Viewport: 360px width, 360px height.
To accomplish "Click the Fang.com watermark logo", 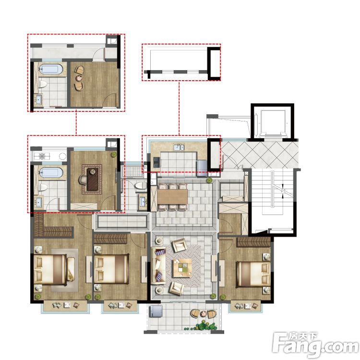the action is tap(316, 344).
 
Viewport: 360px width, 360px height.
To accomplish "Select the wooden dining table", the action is tap(172, 196).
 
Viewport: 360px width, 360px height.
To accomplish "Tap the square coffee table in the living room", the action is tap(182, 268).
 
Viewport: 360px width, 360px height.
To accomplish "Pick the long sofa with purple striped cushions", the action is tap(159, 265).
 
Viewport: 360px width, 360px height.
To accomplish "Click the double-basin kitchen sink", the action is tap(179, 147).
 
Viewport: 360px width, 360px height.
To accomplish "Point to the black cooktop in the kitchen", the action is tap(157, 162).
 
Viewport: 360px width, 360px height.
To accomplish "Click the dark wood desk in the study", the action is tap(93, 180).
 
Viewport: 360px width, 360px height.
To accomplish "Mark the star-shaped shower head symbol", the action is tap(42, 156).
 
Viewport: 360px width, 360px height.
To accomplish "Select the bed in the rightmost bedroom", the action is tap(253, 274).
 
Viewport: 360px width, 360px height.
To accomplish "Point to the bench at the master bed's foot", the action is tap(71, 269).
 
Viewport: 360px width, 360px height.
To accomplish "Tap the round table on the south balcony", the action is tap(204, 313).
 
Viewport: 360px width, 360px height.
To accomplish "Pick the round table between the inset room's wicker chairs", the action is tap(79, 78).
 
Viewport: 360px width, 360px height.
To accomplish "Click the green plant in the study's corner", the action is tap(114, 154).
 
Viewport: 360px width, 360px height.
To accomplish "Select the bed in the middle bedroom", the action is tap(111, 269).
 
